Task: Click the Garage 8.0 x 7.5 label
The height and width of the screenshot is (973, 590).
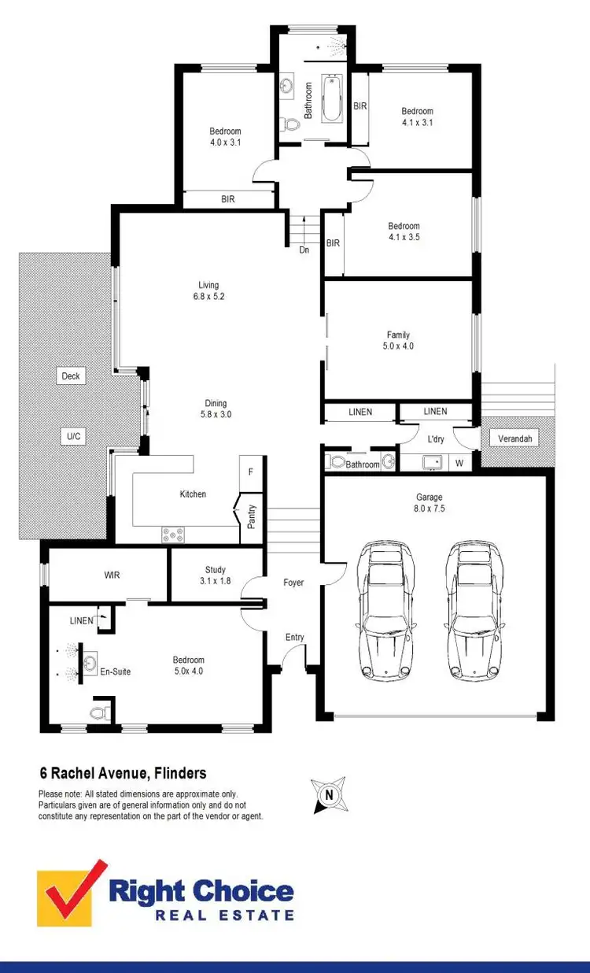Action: click(430, 503)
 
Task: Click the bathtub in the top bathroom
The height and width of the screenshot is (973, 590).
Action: click(332, 98)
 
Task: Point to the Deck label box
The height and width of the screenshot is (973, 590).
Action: click(71, 376)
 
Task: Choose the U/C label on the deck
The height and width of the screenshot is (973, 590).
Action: click(72, 435)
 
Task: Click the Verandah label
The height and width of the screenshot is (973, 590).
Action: click(514, 438)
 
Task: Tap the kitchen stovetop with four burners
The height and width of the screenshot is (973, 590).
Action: click(173, 535)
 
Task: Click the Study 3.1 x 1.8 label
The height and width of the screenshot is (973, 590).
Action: click(215, 575)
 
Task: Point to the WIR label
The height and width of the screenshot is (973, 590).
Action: click(112, 575)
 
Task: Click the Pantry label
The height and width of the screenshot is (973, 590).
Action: click(251, 516)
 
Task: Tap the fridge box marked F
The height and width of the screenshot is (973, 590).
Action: click(250, 472)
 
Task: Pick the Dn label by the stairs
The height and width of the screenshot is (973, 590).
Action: click(304, 250)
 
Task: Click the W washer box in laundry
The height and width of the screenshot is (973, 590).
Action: click(459, 464)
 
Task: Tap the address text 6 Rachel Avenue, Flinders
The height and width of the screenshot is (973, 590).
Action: click(123, 774)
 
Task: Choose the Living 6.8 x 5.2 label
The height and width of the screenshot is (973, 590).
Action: click(208, 290)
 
